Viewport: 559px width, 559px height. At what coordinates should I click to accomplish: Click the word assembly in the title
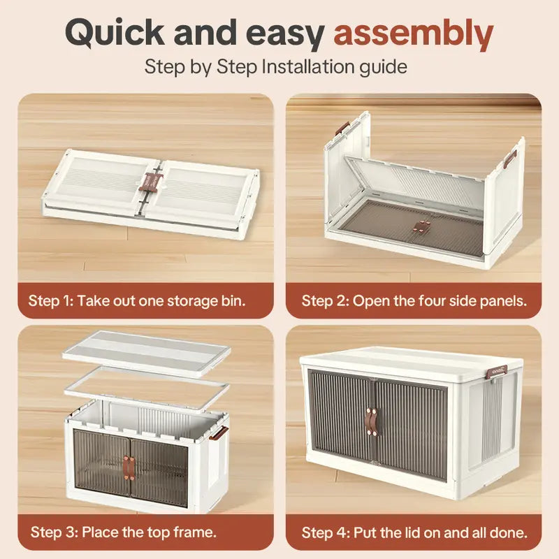pyautogui.click(x=414, y=34)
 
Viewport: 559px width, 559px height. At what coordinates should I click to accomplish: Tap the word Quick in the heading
pyautogui.click(x=115, y=33)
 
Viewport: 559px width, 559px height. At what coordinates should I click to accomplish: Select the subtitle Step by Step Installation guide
pyautogui.click(x=275, y=67)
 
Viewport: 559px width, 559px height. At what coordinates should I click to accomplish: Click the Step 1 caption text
pyautogui.click(x=137, y=300)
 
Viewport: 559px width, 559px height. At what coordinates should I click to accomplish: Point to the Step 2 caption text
pyautogui.click(x=414, y=301)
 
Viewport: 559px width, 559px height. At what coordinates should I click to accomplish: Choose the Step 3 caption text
pyautogui.click(x=124, y=532)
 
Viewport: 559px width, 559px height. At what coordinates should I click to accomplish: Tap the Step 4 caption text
pyautogui.click(x=414, y=532)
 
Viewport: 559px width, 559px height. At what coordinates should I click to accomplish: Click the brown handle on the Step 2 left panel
pyautogui.click(x=342, y=128)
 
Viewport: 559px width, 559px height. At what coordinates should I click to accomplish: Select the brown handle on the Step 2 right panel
pyautogui.click(x=510, y=159)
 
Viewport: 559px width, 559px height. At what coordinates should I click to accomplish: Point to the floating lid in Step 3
pyautogui.click(x=147, y=352)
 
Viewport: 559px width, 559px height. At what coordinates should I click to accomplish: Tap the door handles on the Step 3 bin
pyautogui.click(x=129, y=467)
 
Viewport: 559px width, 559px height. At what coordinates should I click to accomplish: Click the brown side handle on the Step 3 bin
pyautogui.click(x=219, y=433)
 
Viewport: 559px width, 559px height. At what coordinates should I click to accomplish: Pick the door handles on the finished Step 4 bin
pyautogui.click(x=372, y=422)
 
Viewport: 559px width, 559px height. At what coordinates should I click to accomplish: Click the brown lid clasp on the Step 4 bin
pyautogui.click(x=497, y=372)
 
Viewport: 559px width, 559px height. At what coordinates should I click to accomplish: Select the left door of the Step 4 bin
pyautogui.click(x=340, y=417)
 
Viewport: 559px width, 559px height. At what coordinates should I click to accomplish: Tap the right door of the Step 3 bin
pyautogui.click(x=159, y=472)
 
